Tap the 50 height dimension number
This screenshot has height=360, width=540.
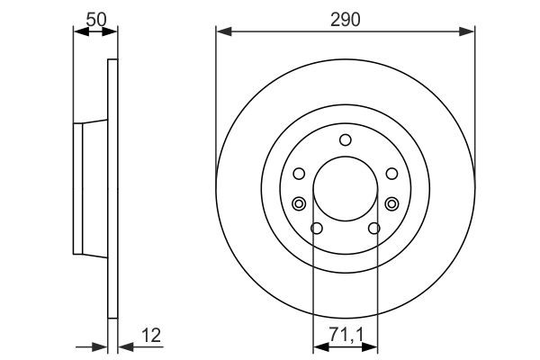click(x=94, y=18)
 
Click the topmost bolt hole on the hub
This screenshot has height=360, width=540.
click(x=346, y=139)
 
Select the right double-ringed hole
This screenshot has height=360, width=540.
click(x=391, y=203)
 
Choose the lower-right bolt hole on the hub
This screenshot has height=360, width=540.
click(x=374, y=228)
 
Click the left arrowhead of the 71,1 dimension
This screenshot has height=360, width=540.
click(x=318, y=345)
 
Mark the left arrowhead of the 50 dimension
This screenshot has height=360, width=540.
click(x=78, y=32)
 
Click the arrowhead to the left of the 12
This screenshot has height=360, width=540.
click(x=101, y=345)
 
